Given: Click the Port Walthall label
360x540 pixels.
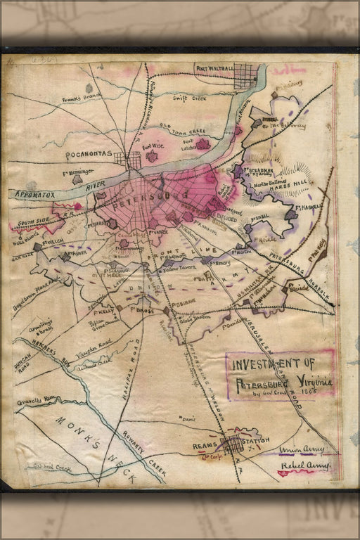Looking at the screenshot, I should (214, 68).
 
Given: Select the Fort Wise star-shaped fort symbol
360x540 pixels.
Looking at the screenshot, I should (152, 157).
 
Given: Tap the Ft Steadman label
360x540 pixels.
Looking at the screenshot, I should (261, 169).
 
